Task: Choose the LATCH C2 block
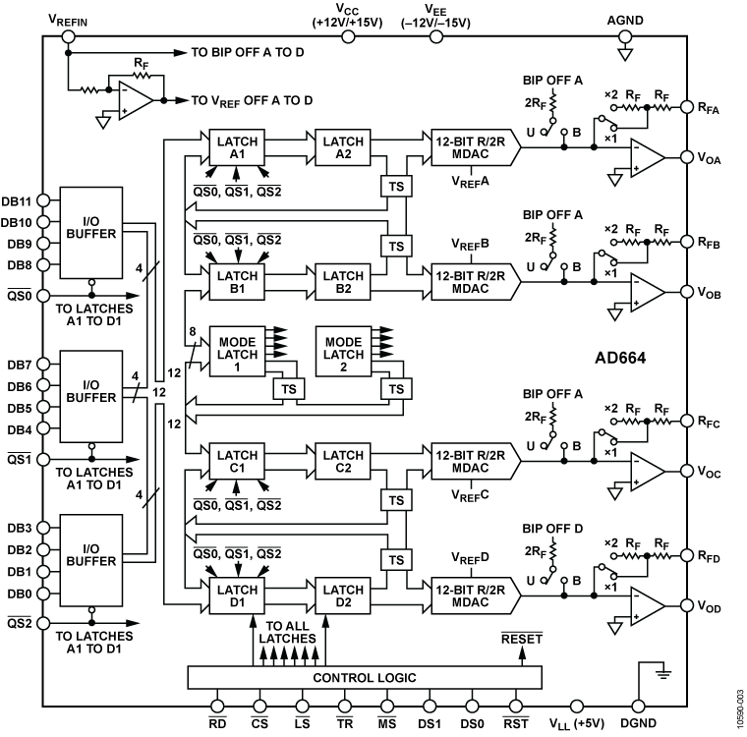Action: pyautogui.click(x=343, y=461)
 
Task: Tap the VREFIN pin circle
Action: pyautogui.click(x=68, y=37)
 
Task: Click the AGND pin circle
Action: pyautogui.click(x=623, y=37)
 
